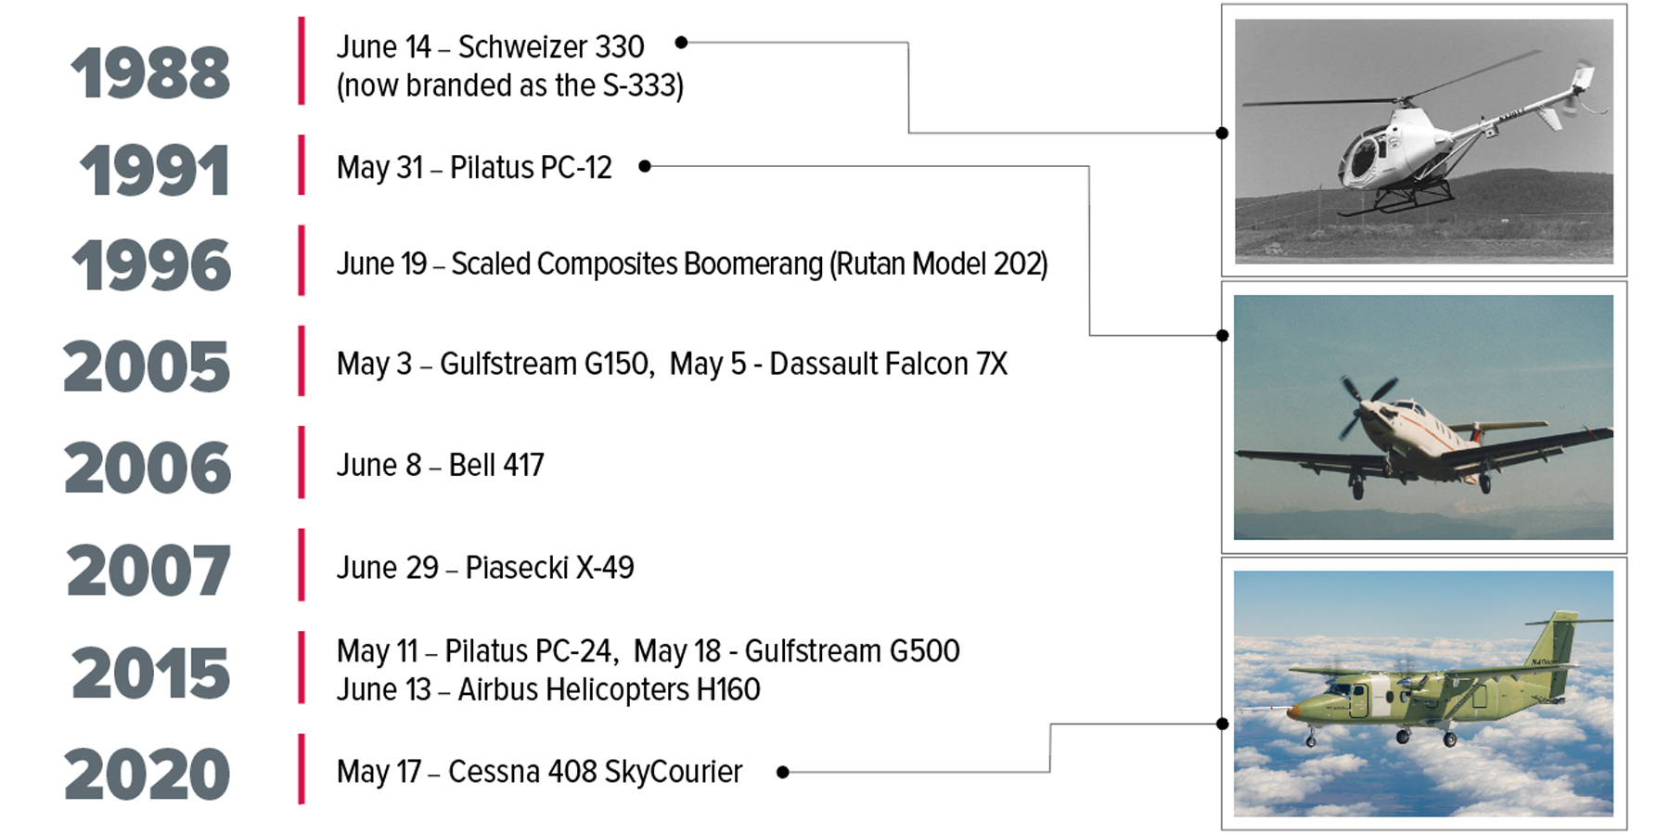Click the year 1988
150,73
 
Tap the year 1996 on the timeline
151,265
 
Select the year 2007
148,571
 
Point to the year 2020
147,775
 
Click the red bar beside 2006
302,462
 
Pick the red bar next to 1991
302,165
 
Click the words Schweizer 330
551,46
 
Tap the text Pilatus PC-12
531,168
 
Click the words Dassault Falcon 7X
888,364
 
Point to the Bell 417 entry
441,465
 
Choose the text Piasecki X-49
549,568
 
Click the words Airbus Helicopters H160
609,690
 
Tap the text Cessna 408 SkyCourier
595,772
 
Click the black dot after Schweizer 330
681,43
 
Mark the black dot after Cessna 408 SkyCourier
783,772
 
